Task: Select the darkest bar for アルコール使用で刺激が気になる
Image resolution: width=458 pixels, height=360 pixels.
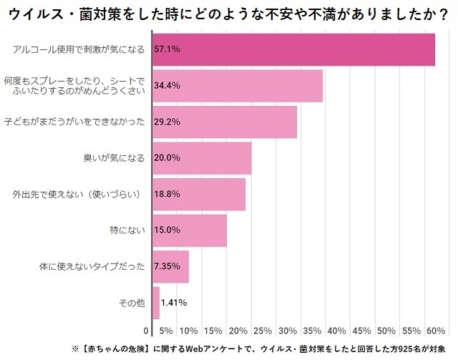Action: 293,49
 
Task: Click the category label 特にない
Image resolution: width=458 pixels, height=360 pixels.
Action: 132,230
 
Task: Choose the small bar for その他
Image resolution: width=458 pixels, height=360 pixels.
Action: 156,303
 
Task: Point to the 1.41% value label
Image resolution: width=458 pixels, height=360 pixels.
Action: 174,303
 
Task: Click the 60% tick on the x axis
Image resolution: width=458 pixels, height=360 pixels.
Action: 435,331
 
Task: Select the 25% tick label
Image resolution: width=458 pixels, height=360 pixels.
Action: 263,331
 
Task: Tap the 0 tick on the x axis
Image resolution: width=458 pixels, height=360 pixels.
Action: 147,331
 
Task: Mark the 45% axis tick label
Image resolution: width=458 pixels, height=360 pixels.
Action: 361,331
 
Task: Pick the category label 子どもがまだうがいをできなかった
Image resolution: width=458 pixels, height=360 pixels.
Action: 75,122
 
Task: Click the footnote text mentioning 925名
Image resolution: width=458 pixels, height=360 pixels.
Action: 262,349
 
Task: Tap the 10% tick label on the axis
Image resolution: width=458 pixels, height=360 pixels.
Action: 189,331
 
